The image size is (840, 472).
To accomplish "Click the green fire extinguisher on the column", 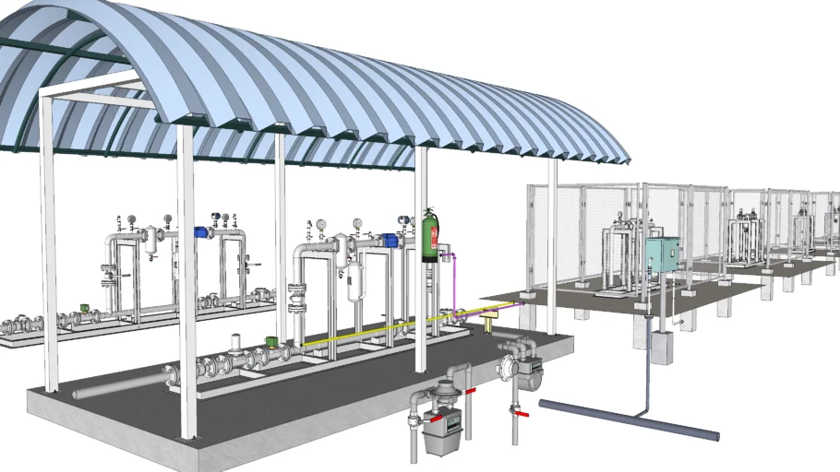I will tap(427, 237).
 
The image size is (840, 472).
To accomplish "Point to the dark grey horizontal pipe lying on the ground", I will tap(628, 419).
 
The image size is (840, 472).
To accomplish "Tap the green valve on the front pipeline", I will tap(272, 341).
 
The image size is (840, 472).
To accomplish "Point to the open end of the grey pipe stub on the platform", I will tap(77, 394).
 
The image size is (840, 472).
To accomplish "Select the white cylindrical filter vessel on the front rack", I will tap(354, 281).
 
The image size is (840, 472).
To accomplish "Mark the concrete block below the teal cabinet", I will tap(663, 348).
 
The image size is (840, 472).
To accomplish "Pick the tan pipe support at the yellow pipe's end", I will tap(488, 318).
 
